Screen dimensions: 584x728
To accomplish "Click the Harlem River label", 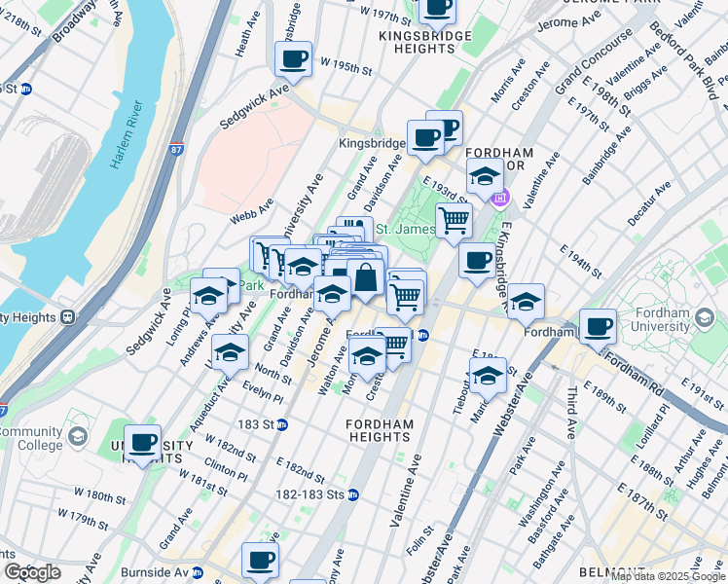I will (x=127, y=132).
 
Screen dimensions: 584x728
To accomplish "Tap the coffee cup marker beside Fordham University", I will (x=598, y=326).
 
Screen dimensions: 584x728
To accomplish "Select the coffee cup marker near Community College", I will (x=143, y=443).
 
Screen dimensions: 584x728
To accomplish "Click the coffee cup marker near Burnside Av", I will (x=260, y=560).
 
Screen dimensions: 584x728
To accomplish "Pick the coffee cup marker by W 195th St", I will (x=293, y=59).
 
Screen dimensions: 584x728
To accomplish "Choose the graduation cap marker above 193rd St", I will (x=484, y=176).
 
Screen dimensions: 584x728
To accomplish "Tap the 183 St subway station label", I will (x=262, y=424).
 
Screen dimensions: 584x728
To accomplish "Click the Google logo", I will (x=32, y=572).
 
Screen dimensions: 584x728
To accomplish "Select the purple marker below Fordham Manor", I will (x=500, y=200).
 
